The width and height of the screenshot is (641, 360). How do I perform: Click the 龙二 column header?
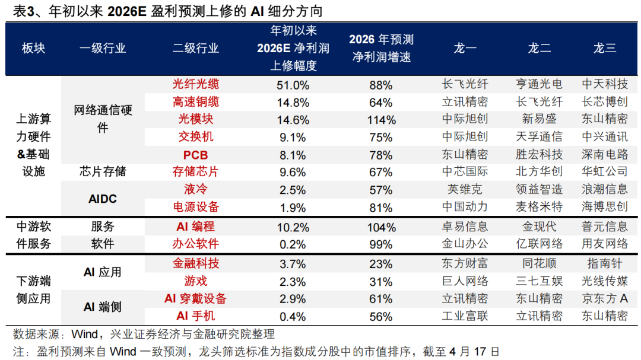(539, 49)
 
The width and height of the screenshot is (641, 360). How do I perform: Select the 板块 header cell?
(33, 49)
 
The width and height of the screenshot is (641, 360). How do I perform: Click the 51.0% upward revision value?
(293, 85)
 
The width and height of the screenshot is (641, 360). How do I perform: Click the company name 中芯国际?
(465, 172)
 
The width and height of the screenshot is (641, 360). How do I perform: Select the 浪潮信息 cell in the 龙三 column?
(604, 190)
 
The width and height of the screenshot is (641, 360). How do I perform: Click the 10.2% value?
(293, 227)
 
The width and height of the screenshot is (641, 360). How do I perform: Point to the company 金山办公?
(465, 244)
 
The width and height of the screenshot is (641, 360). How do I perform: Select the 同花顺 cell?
(539, 264)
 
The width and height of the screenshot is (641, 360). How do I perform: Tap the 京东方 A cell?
(604, 299)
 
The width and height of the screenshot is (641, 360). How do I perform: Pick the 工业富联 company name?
(465, 316)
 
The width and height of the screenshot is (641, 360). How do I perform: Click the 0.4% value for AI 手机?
(293, 316)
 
